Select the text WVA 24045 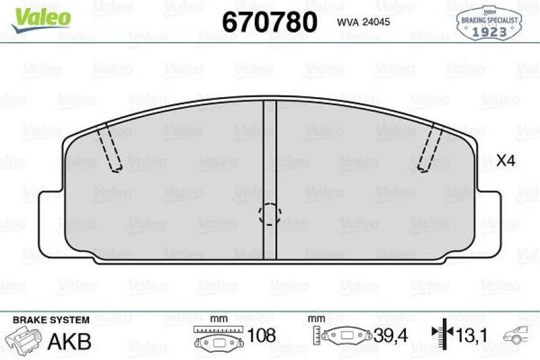pos(364,23)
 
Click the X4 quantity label pos(505,161)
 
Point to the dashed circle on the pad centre pos(269,214)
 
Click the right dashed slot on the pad pos(430,147)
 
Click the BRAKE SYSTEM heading pos(51,320)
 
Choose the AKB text pos(70,341)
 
